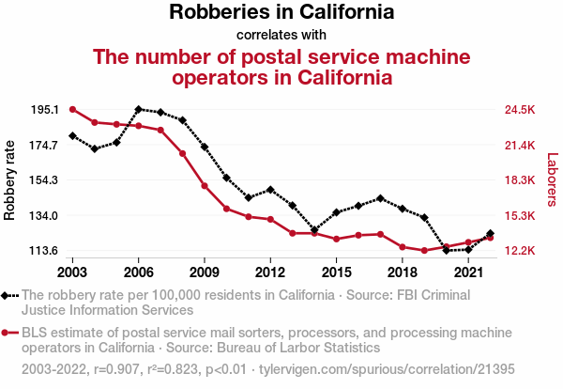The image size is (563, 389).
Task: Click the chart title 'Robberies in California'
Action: click(281, 12)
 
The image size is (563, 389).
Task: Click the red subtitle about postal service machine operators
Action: click(281, 67)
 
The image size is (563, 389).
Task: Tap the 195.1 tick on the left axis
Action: click(44, 110)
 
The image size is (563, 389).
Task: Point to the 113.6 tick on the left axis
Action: click(44, 251)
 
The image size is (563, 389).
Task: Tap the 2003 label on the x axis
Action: click(72, 272)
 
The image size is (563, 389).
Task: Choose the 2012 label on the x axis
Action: click(270, 272)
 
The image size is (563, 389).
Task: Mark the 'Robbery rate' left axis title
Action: click(10, 179)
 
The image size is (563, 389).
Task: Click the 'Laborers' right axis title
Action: click(552, 179)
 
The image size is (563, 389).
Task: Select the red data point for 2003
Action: click(72, 109)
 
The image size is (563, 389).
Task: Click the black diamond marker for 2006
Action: click(139, 110)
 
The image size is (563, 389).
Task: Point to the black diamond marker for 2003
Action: click(72, 136)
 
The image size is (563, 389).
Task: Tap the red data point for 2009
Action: click(205, 185)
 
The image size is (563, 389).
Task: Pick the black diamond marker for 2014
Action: click(314, 230)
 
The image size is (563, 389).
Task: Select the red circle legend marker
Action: click(8, 333)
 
